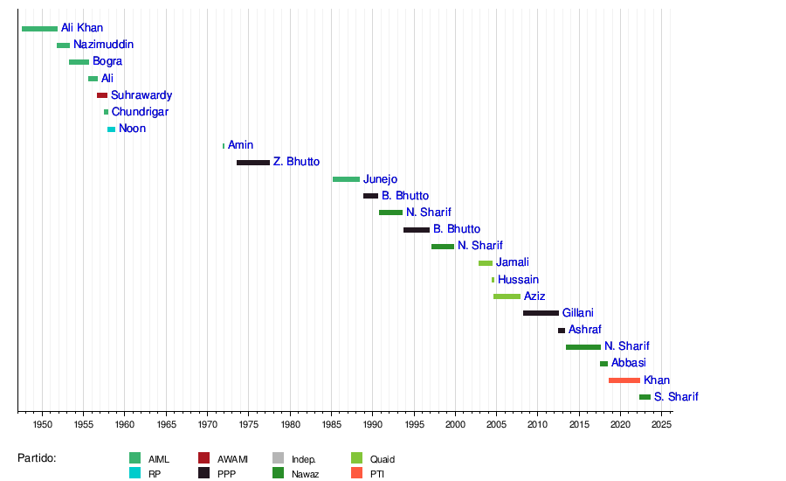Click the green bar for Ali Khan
pos(39,29)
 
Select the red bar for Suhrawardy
pos(102,95)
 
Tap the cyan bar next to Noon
pos(111,129)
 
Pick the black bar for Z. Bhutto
pos(253,163)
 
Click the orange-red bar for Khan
pos(624,380)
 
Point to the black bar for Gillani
pos(541,313)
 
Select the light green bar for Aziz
pos(507,296)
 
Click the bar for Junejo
pos(346,179)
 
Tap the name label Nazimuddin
pos(104,45)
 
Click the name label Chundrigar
pos(140,112)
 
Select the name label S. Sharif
pos(676,397)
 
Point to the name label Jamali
pos(513,262)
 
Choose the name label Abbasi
pos(629,363)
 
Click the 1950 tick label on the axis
pos(42,424)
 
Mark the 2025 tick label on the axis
pos(661,424)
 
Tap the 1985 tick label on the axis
pos(332,424)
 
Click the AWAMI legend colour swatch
pos(203,457)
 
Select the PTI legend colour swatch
pos(356,473)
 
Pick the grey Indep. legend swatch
pos(279,457)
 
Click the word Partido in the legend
pos(37,457)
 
